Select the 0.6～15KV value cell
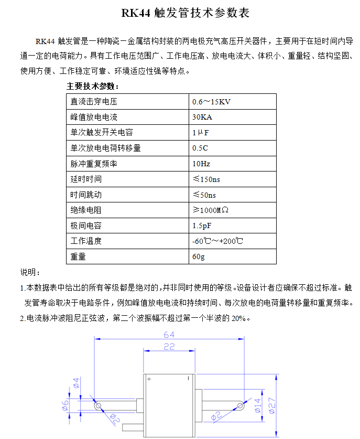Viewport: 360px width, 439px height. point(212,101)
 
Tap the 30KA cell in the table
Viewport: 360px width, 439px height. point(203,116)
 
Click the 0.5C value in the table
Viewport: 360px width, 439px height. point(201,148)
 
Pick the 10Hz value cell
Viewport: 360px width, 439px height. point(202,164)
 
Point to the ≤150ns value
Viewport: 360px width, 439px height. point(206,179)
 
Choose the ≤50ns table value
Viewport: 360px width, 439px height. point(204,195)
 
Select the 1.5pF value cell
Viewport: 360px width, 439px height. point(202,226)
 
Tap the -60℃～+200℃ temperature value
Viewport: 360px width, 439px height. point(217,241)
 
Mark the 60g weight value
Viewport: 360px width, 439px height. point(199,257)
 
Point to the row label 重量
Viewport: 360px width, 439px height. point(78,257)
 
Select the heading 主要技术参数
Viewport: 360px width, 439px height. point(93,86)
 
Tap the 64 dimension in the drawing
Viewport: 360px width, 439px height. point(169,335)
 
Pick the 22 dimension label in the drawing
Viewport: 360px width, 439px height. point(169,347)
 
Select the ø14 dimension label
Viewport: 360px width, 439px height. point(257,406)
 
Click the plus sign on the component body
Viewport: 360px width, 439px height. point(149,379)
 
